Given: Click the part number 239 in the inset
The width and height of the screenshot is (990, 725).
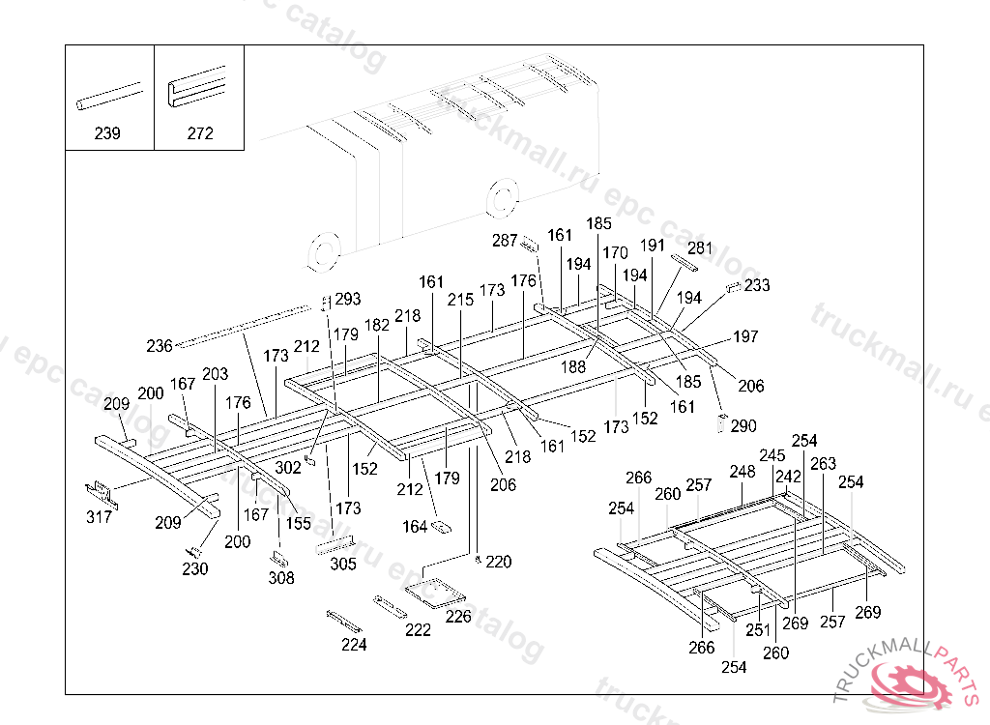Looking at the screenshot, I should (107, 133).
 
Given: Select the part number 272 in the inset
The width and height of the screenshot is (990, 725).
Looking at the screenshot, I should (200, 133).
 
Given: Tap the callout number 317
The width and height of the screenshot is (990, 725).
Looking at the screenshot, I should (99, 517).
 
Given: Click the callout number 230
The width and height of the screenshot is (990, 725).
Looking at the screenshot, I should (194, 568).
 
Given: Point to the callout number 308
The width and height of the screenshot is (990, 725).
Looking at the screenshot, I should (281, 578).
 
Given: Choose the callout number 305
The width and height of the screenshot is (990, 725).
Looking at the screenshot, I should (342, 564).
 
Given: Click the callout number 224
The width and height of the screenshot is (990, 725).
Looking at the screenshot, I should (354, 645).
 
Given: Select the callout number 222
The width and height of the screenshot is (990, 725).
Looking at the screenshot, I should (418, 629).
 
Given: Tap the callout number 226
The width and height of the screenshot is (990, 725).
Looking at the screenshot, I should (458, 616).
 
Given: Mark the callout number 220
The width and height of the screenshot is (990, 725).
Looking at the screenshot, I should (498, 562).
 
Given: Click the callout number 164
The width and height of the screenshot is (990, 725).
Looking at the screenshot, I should (415, 527).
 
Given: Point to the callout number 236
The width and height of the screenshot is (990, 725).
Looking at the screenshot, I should (160, 345).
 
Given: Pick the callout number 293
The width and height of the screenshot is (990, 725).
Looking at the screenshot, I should (347, 299).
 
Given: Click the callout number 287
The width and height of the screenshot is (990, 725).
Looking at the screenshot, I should (505, 241).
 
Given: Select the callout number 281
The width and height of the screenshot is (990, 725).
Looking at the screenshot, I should (699, 248).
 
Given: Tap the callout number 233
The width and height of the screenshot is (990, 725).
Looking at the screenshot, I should (757, 285).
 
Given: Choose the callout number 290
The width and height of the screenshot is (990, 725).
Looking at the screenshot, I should (744, 425).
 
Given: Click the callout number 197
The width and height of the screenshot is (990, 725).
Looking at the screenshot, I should (745, 336).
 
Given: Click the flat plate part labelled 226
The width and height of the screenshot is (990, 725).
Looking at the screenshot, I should (435, 590).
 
